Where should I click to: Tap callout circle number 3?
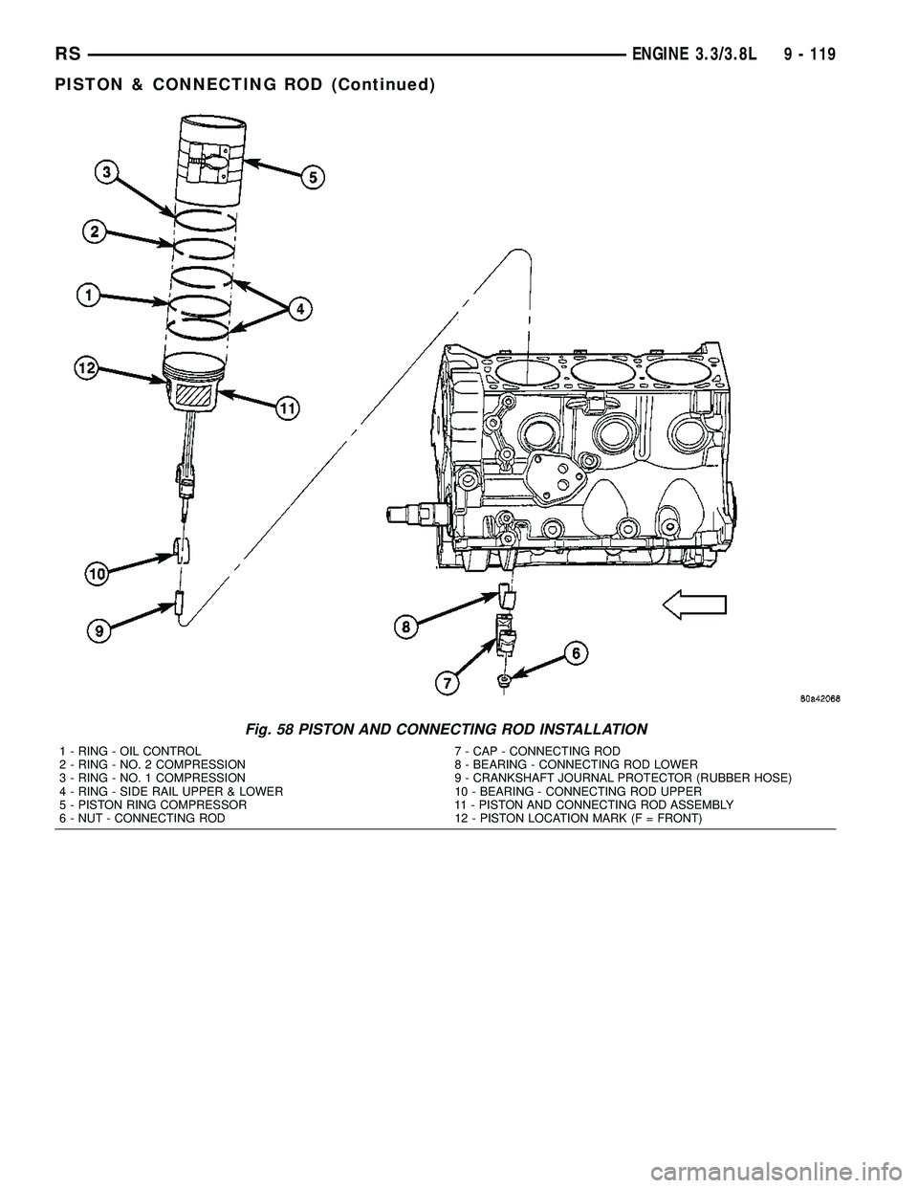[107, 172]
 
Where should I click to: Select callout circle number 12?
[88, 368]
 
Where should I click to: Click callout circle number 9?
[98, 631]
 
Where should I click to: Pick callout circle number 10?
[96, 574]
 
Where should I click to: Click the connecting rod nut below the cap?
[502, 680]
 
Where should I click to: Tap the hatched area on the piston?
[195, 392]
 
